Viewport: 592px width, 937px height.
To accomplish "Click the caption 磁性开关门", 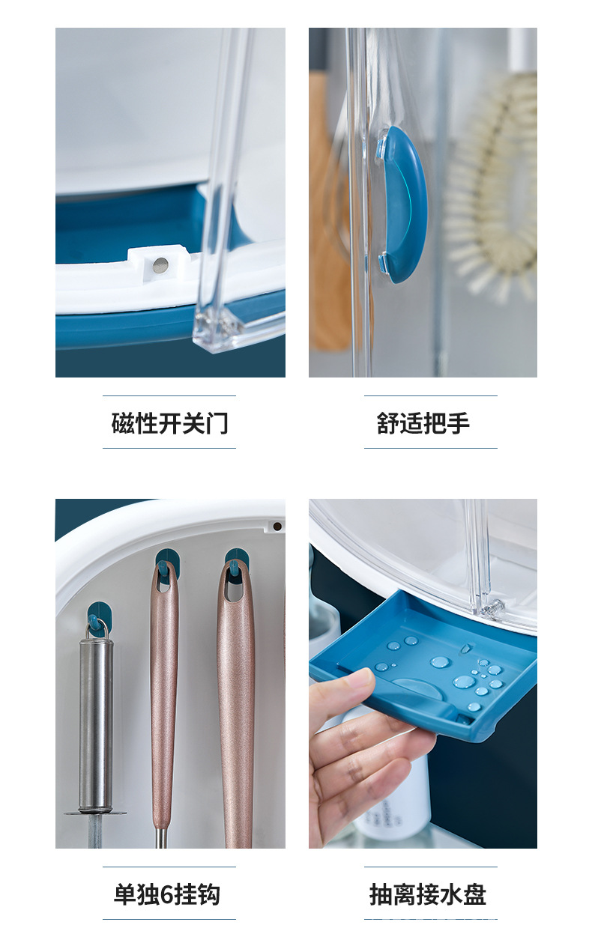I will click(169, 423).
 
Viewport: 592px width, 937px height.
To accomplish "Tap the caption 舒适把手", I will click(423, 423).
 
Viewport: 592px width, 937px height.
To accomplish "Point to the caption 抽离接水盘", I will click(427, 894).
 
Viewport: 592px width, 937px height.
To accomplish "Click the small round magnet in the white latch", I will click(160, 264).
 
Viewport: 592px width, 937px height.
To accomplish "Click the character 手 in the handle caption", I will click(458, 423).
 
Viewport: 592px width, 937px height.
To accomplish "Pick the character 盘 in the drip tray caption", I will click(474, 894).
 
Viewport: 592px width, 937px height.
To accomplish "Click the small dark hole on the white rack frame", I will click(277, 527).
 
